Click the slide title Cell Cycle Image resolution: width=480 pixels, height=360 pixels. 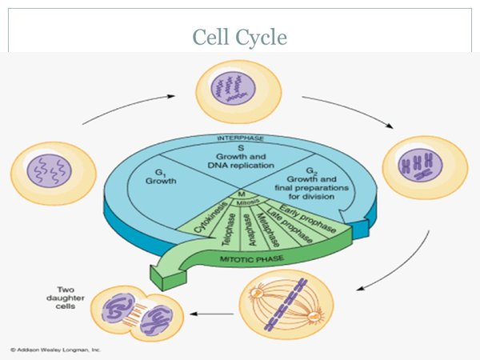click(240, 37)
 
